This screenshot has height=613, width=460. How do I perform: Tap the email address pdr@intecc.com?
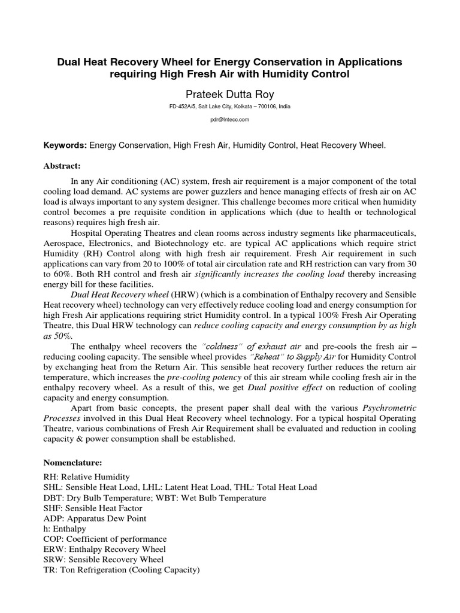230,120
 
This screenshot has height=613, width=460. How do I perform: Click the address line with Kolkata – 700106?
230,107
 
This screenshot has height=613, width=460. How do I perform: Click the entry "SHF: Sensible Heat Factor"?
95,508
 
